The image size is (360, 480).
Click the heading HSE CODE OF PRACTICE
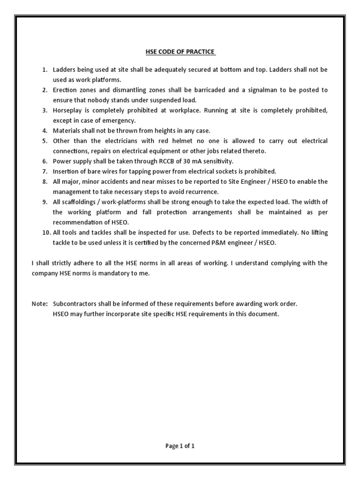click(x=180, y=52)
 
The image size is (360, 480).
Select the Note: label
click(x=40, y=304)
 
